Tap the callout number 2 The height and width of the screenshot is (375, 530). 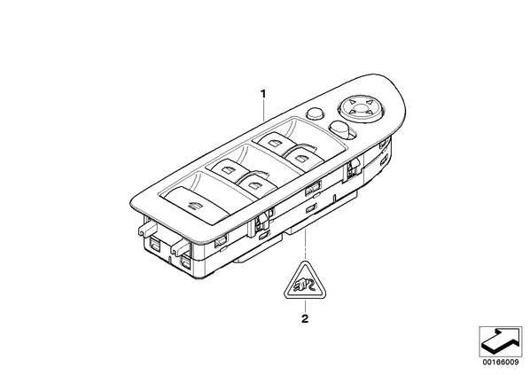click(x=305, y=318)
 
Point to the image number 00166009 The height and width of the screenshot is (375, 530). click(x=501, y=363)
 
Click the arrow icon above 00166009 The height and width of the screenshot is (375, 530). click(x=501, y=341)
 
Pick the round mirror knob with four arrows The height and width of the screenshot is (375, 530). click(x=362, y=106)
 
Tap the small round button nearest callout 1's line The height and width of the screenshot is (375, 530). click(x=315, y=113)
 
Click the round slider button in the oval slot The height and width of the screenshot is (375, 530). click(x=339, y=129)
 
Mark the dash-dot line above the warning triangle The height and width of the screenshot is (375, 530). click(x=305, y=244)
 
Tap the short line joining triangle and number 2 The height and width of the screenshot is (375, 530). click(x=305, y=306)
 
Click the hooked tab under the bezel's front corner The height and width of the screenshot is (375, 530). click(x=181, y=246)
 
